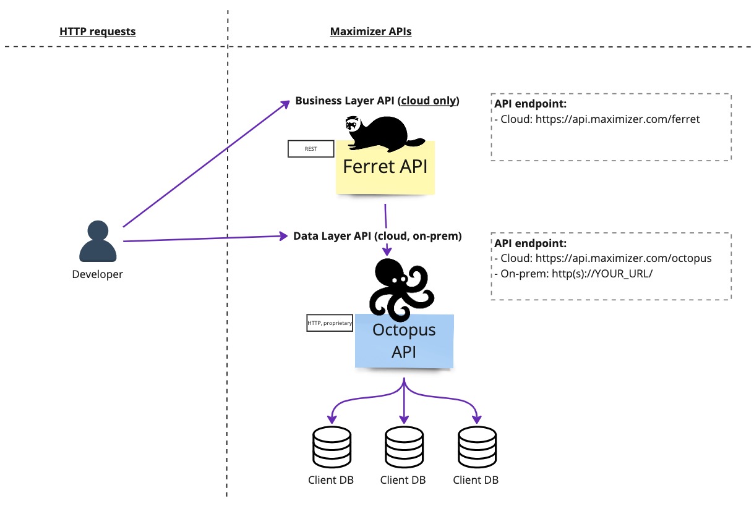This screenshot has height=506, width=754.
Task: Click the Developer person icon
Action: tap(98, 241)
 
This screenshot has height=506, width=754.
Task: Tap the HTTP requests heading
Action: tap(97, 32)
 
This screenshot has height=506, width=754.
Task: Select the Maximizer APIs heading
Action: tap(371, 32)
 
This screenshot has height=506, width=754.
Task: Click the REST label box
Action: tap(311, 149)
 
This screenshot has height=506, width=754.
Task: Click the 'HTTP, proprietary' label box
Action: tap(330, 323)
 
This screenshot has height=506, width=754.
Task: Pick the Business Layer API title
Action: tap(377, 101)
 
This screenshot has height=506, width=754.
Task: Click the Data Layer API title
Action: tap(377, 236)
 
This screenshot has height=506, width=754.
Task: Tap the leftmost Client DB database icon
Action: tap(331, 447)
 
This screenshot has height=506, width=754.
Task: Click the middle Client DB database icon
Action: tap(403, 447)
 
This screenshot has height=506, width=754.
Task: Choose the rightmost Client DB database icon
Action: tap(476, 447)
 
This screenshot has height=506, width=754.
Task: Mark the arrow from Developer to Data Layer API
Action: tap(204, 238)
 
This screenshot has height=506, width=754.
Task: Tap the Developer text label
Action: tap(97, 274)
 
